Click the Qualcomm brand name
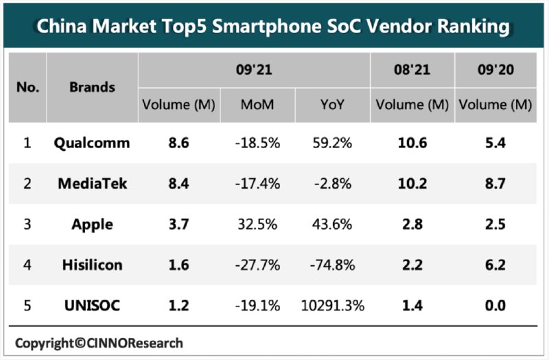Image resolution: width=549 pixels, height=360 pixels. (92, 143)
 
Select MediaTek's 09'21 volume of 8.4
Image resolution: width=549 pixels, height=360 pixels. (178, 184)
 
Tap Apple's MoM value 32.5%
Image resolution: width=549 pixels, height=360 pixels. (257, 224)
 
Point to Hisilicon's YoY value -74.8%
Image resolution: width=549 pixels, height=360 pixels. (332, 265)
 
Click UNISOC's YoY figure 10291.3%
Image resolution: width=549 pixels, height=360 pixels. (333, 305)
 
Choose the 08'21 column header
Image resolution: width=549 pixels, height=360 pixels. (412, 70)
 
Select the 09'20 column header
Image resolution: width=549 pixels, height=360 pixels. (495, 70)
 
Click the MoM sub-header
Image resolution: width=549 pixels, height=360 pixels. (257, 105)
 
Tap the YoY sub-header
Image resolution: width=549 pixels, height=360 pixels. (332, 105)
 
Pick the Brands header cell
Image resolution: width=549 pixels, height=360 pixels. (92, 87)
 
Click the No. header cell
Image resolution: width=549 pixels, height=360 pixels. (27, 87)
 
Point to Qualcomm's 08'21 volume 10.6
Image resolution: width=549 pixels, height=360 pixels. (412, 143)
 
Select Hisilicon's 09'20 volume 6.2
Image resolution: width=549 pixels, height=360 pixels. (495, 265)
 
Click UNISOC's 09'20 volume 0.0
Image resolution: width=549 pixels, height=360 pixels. (495, 305)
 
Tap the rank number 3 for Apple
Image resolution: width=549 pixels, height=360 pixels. (27, 224)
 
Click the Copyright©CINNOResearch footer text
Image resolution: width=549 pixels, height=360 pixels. (99, 344)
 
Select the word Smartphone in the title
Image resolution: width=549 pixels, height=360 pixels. (267, 27)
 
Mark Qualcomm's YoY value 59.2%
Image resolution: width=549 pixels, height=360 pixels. (332, 143)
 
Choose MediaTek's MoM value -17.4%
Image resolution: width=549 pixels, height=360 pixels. (257, 184)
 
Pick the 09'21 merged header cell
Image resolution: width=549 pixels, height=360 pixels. (254, 70)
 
